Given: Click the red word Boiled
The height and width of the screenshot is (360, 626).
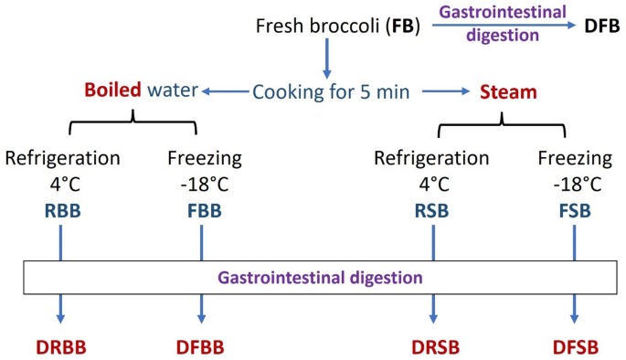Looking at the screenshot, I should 112,90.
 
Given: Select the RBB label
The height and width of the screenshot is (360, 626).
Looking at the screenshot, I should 61,210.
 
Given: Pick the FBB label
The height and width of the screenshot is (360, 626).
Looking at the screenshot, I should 202,210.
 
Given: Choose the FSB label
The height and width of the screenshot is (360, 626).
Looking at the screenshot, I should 575,210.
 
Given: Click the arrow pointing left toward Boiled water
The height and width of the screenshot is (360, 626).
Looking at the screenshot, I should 224,91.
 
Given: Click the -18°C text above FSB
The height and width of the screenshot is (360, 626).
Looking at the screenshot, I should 574,183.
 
